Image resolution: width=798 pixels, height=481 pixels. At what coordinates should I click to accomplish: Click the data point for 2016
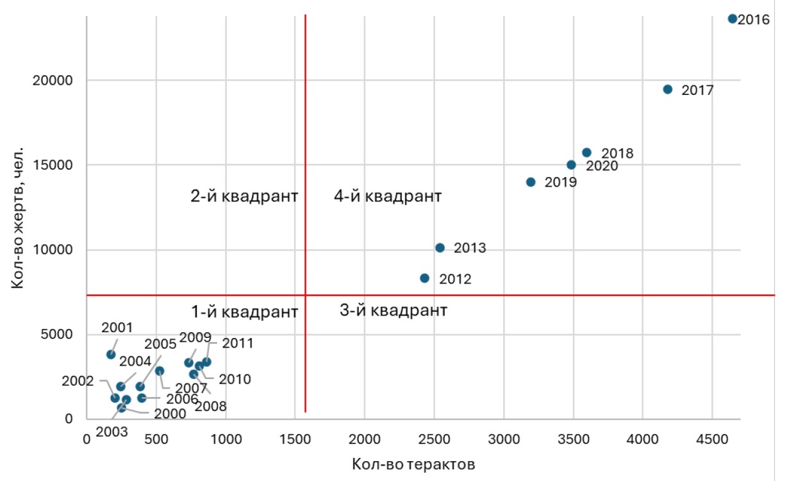733,19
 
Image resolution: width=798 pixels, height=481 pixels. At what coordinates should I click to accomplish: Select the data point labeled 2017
667,89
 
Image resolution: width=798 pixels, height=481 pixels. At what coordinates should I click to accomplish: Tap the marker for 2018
586,153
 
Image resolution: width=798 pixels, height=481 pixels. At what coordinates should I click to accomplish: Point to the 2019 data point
531,182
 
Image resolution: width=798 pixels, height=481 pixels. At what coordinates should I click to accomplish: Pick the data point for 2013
440,248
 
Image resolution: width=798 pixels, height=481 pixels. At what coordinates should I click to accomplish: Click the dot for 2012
424,278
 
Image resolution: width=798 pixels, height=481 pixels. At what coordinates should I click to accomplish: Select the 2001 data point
111,354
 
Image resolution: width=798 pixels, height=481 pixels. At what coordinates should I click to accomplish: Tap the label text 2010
235,380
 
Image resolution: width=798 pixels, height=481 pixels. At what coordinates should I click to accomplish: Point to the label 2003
112,432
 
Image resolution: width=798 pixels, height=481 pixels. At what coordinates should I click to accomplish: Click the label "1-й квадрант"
244,312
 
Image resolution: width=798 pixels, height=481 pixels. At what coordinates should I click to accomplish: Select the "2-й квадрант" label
244,196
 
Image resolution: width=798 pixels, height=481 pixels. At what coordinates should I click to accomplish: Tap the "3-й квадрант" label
392,311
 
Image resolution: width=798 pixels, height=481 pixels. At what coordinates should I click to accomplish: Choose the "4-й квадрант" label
388,196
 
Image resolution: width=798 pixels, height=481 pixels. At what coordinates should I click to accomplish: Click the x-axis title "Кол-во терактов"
413,464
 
